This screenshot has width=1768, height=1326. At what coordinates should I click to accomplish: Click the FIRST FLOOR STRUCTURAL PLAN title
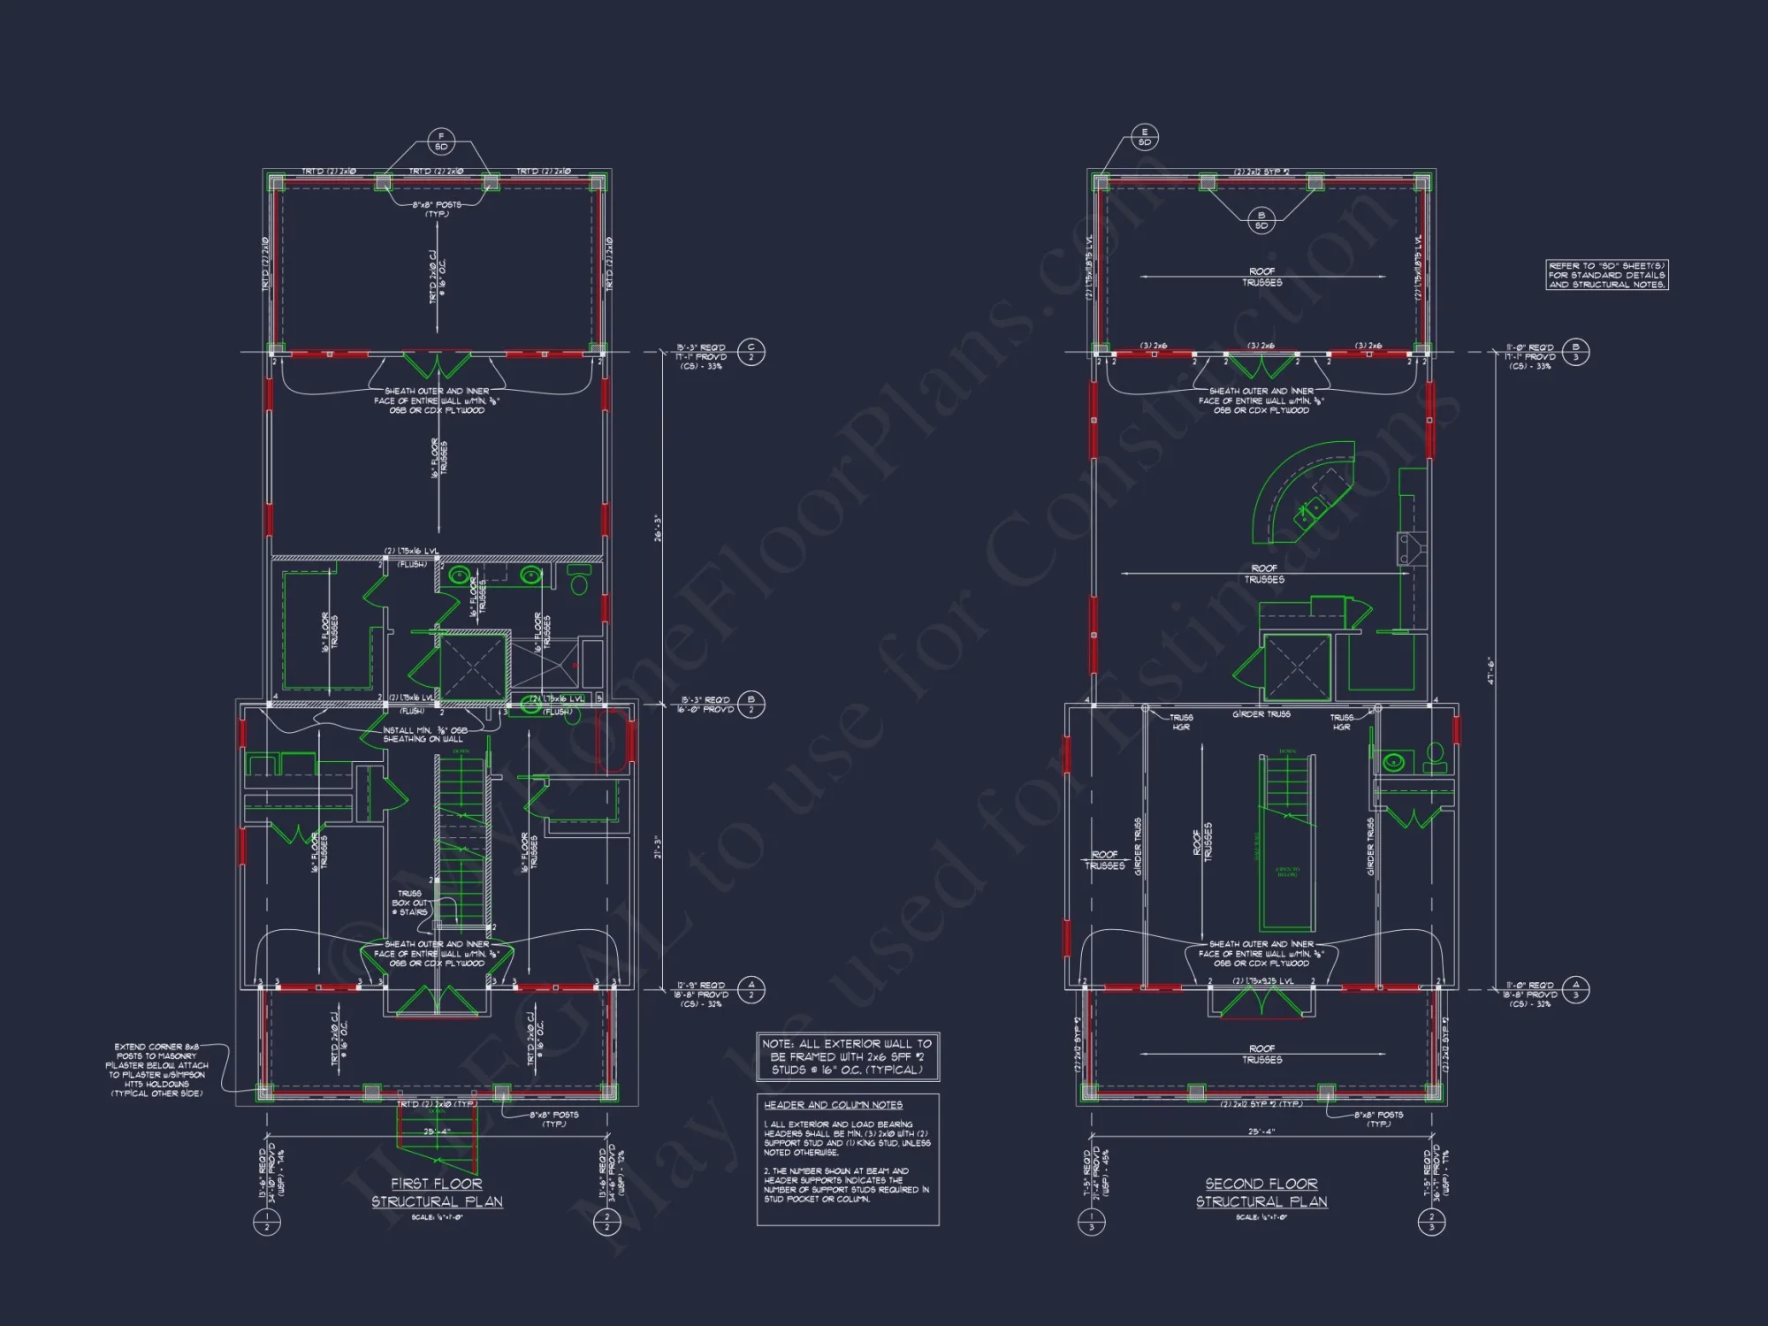click(437, 1193)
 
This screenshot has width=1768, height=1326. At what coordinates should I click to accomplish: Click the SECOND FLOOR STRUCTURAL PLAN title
click(1261, 1193)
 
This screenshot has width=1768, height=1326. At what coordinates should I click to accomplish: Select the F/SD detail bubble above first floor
click(441, 141)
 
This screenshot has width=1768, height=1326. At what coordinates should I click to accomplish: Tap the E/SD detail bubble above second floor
click(1145, 137)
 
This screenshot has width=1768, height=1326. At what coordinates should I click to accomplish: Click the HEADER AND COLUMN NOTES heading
click(833, 1105)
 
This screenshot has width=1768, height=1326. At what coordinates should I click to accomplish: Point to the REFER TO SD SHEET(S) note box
click(1607, 275)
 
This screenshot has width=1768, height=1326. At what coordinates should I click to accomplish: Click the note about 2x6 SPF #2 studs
click(847, 1056)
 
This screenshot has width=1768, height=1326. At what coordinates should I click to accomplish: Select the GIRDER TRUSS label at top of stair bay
click(1261, 714)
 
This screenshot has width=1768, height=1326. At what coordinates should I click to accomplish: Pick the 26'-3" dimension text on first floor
click(657, 528)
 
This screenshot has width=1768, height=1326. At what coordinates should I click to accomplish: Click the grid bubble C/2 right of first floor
click(751, 352)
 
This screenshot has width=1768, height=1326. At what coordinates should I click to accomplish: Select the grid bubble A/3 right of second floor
click(1575, 989)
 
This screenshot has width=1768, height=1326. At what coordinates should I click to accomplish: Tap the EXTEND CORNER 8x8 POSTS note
click(157, 1070)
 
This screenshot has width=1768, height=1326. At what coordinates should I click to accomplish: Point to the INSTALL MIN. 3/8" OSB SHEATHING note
click(423, 735)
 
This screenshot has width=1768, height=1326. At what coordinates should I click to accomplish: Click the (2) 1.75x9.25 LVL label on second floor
click(1262, 981)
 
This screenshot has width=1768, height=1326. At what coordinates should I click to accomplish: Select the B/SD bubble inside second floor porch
click(1261, 220)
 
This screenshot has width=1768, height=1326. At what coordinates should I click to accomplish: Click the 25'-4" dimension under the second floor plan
click(1261, 1132)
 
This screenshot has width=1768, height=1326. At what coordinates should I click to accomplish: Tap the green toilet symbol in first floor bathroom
click(579, 583)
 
